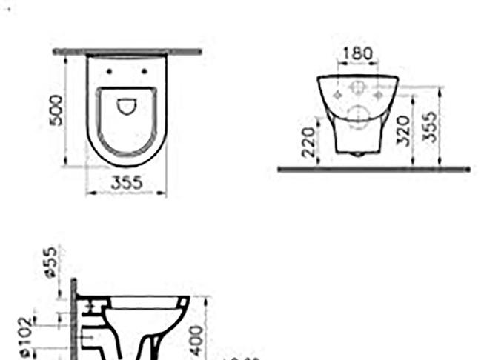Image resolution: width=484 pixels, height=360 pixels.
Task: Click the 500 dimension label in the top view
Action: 57,110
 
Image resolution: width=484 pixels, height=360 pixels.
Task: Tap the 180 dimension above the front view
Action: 358,55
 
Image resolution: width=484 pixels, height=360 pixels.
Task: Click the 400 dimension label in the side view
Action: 198,339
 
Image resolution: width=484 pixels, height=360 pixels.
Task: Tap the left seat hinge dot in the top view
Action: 109,72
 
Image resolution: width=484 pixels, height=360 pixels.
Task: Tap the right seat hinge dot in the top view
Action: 144,72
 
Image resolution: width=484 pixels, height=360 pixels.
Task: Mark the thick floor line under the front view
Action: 374,170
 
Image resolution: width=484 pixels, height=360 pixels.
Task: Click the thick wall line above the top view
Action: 127,52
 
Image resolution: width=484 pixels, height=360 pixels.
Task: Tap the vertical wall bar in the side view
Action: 73,319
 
